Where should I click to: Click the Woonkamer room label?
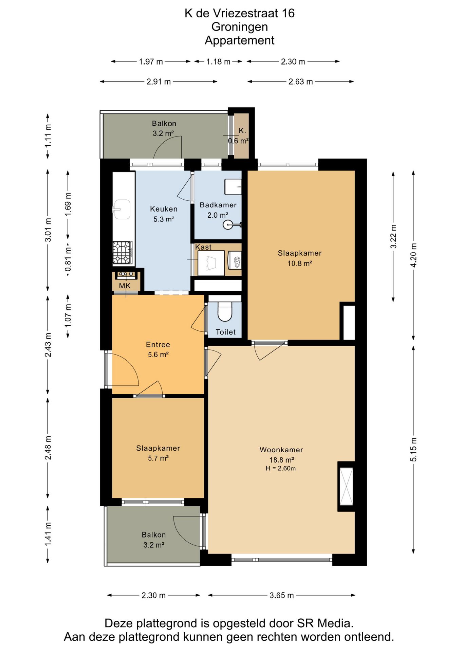[x=281, y=450]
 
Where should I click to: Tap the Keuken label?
[x=164, y=209]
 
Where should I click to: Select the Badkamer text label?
[x=218, y=205]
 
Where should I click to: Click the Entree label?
[x=158, y=344]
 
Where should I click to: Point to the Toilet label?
[x=225, y=332]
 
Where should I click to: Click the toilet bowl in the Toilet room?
[x=224, y=311]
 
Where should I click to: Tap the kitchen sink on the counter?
[x=122, y=209]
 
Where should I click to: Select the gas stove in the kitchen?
[x=123, y=253]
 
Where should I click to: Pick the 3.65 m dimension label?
[x=282, y=595]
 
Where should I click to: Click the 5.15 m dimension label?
[x=413, y=450]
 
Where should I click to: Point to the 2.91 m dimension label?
[x=159, y=81]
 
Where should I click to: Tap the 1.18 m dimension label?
[x=218, y=61]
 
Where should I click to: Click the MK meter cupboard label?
[x=125, y=286]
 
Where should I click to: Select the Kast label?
[x=203, y=247]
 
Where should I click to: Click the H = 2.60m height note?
[x=281, y=468]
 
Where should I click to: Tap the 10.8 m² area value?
[x=300, y=263]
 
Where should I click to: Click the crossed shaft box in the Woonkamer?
[x=346, y=486]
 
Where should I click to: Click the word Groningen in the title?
[x=239, y=26]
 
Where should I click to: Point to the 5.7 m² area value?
[x=158, y=458]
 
